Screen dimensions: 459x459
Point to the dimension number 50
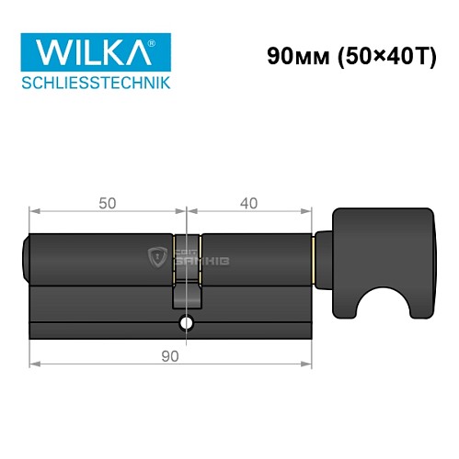(x=108, y=205)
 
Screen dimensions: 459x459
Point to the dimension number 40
(x=247, y=205)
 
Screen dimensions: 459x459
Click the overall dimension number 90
(x=168, y=353)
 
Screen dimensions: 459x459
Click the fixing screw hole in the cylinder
(x=187, y=324)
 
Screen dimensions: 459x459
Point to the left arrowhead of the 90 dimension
(x=34, y=364)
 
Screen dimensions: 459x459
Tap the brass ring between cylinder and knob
(x=318, y=257)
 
